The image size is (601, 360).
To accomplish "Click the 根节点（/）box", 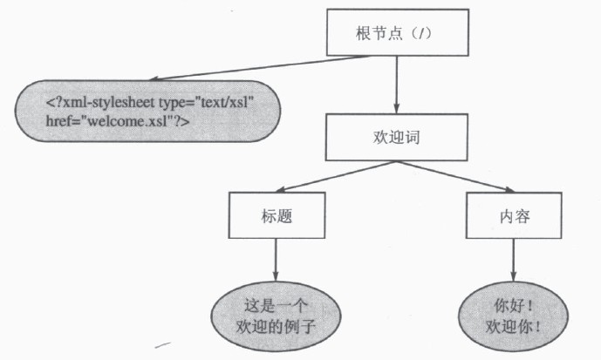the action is pyautogui.click(x=398, y=32).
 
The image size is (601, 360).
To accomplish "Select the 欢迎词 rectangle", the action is pyautogui.click(x=396, y=137).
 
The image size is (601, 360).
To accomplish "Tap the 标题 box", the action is pyautogui.click(x=277, y=215).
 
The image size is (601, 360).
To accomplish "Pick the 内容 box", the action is pyautogui.click(x=514, y=215).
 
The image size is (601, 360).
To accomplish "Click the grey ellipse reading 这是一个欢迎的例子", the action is pyautogui.click(x=276, y=316).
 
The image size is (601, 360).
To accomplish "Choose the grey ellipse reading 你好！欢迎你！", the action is pyautogui.click(x=513, y=316).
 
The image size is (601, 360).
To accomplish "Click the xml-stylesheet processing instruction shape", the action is pyautogui.click(x=148, y=111).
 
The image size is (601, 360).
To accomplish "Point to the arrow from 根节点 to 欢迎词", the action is pyautogui.click(x=397, y=85).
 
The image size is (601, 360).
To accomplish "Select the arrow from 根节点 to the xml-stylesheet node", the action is pyautogui.click(x=260, y=68).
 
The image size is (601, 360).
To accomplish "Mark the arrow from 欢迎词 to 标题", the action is pyautogui.click(x=336, y=176).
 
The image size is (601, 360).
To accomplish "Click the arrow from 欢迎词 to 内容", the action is pyautogui.click(x=455, y=176).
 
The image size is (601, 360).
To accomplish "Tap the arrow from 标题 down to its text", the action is pyautogui.click(x=276, y=260).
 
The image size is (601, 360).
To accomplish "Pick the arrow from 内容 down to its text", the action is pyautogui.click(x=514, y=261).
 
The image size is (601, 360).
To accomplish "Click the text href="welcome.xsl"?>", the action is pyautogui.click(x=118, y=121).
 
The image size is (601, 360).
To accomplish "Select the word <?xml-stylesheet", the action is pyautogui.click(x=100, y=103).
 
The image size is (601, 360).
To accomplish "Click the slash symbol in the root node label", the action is pyautogui.click(x=422, y=33).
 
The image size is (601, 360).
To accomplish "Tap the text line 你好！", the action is pyautogui.click(x=513, y=306).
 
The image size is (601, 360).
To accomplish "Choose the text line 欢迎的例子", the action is pyautogui.click(x=276, y=327).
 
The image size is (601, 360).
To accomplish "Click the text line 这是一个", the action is pyautogui.click(x=276, y=306).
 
